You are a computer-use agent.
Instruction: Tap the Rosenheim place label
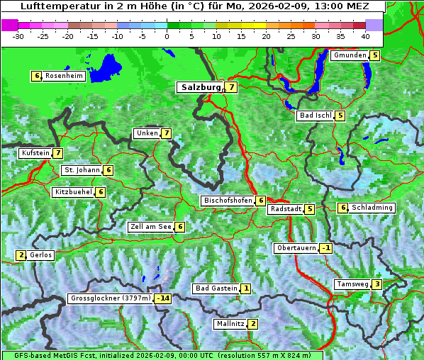(x=63, y=76)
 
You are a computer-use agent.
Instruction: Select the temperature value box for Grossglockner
(x=164, y=298)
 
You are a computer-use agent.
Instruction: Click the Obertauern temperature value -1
(x=325, y=248)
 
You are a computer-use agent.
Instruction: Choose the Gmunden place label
(x=350, y=55)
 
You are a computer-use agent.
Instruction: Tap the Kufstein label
(x=35, y=153)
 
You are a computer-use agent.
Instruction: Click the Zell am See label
(x=150, y=227)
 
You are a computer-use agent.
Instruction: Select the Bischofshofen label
(x=228, y=201)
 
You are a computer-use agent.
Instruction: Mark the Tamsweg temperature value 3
(x=377, y=284)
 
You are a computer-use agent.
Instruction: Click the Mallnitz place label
(x=230, y=324)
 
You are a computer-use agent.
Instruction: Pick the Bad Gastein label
(x=216, y=288)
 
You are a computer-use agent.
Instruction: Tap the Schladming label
(x=372, y=208)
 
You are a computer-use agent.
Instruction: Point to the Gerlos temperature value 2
(x=21, y=255)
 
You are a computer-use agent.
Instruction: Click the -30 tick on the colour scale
(x=18, y=35)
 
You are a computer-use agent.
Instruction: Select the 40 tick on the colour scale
(x=365, y=35)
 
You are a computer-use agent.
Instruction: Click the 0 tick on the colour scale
(x=167, y=35)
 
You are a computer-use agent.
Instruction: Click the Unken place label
(x=147, y=133)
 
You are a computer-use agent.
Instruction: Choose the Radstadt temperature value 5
(x=309, y=209)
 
